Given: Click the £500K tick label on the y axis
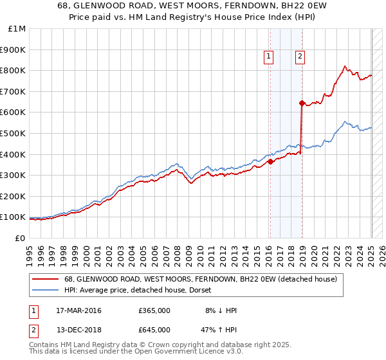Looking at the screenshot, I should point(13,133).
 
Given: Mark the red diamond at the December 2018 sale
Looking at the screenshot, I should point(302,103).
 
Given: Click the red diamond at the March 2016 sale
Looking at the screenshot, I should point(270,162).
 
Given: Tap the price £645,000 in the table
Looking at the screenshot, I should point(154,332).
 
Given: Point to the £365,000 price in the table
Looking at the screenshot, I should point(154,310).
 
